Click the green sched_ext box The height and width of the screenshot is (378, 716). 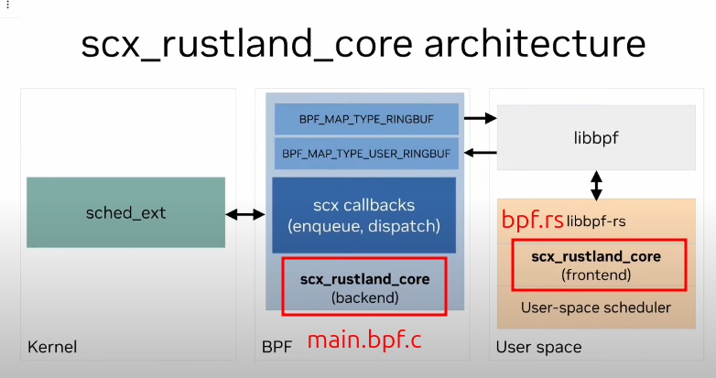[126, 212]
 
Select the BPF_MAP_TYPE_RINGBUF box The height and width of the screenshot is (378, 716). [366, 119]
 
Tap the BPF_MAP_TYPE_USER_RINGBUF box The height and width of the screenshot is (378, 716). [366, 153]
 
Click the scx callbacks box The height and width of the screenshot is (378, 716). [363, 215]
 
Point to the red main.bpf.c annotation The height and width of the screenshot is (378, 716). [364, 340]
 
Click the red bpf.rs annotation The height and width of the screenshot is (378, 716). [532, 221]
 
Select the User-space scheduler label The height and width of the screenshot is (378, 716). [596, 308]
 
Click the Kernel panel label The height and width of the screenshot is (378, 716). [52, 348]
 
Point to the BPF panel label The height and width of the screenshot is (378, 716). [278, 348]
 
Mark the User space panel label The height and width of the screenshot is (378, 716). [538, 348]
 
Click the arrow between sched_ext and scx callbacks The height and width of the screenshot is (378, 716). [244, 214]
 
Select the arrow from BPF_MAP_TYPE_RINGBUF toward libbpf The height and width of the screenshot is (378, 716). [479, 118]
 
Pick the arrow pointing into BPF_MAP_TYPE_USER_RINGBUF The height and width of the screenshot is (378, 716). [479, 152]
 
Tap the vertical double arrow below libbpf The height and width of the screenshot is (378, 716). [597, 185]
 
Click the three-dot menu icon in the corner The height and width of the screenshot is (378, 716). [7, 5]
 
